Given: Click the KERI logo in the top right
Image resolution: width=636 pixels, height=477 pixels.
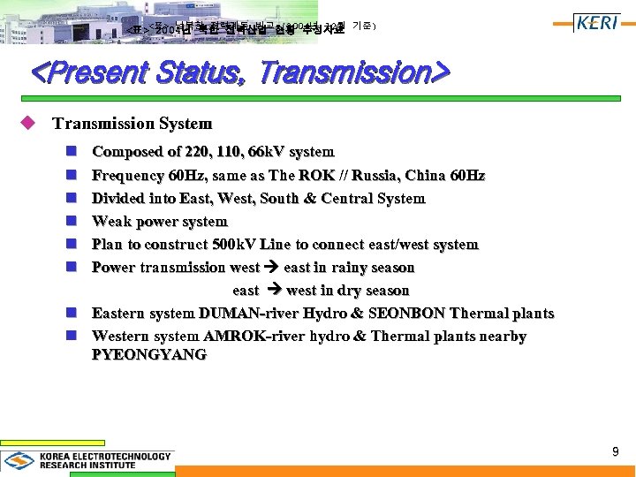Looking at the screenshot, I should click(x=596, y=23).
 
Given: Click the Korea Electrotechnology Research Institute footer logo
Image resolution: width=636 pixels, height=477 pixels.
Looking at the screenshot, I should click(x=88, y=461).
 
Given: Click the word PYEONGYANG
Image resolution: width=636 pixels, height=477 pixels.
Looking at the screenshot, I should click(x=149, y=354).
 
